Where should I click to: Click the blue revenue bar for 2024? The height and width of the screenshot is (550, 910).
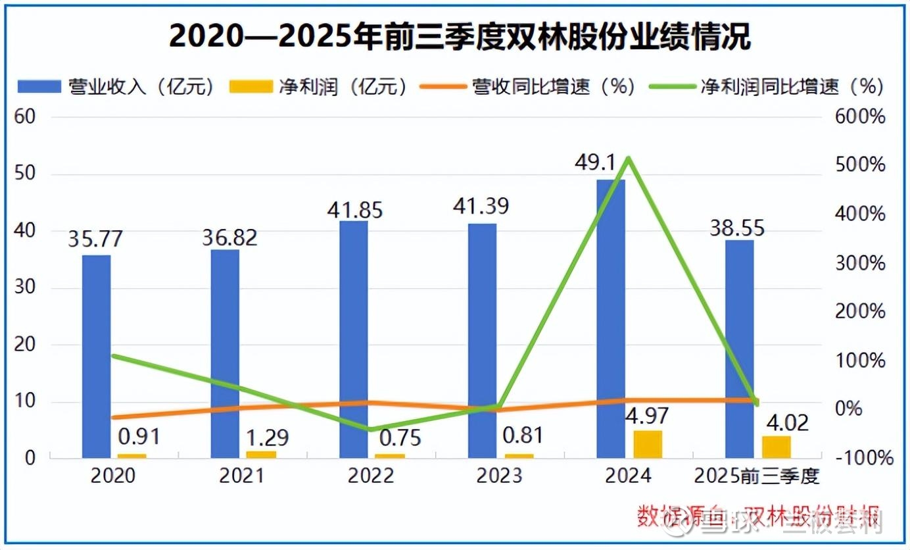[611, 319]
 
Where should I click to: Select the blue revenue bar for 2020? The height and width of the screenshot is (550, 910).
[97, 356]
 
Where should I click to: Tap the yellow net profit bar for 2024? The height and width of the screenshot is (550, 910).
[648, 444]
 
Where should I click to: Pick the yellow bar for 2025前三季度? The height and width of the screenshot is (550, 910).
[776, 447]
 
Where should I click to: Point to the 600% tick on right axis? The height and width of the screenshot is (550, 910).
[860, 117]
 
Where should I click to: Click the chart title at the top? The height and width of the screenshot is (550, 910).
[460, 37]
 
